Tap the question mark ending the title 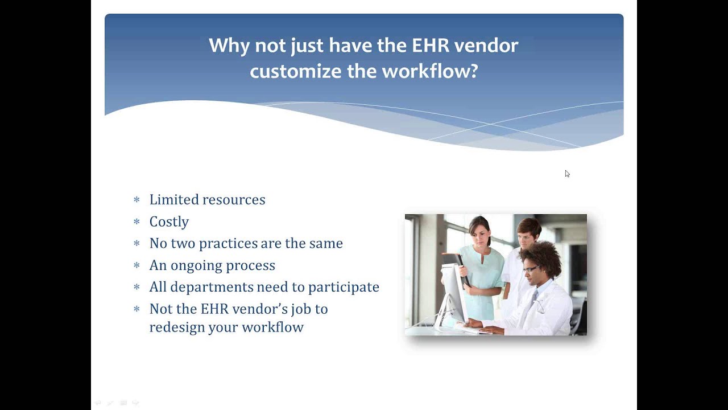point(473,72)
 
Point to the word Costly point(169,222)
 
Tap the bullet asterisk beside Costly point(136,222)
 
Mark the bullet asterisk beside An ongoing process point(136,266)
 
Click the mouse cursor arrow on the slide point(567,174)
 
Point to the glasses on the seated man point(530,269)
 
